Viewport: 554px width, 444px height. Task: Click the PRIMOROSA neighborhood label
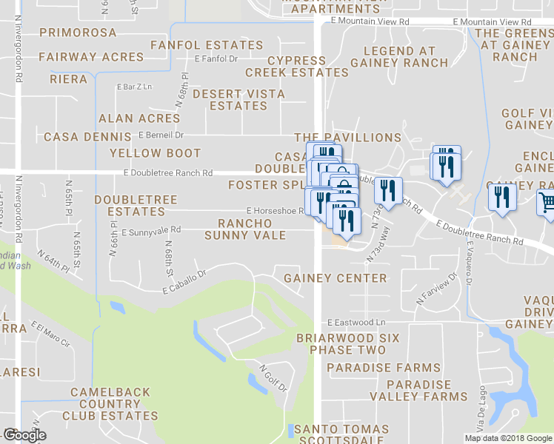(79, 33)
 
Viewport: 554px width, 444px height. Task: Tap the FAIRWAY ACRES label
(91, 57)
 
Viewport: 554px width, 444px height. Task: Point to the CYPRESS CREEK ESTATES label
(297, 67)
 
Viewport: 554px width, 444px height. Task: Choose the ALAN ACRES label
(139, 118)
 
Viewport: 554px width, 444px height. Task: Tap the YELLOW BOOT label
(156, 153)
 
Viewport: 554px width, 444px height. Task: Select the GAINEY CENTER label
(336, 278)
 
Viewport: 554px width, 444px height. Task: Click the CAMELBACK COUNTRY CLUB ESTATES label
(110, 404)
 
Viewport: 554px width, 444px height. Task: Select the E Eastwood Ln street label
(357, 323)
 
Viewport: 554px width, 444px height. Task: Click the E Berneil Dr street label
(161, 135)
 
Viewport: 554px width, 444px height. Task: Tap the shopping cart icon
(547, 202)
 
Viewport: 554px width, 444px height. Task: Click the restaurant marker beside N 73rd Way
(388, 192)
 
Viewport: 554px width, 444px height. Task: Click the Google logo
(24, 435)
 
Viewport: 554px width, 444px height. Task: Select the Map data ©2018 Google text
(508, 438)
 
